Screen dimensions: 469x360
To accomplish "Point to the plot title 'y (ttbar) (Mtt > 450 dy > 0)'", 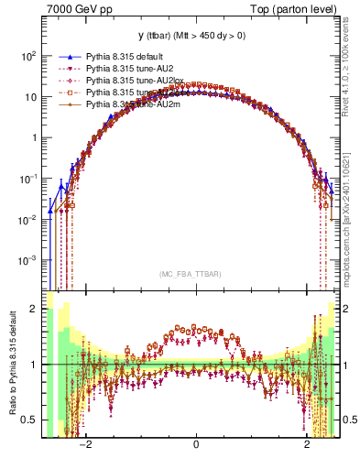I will [196, 37].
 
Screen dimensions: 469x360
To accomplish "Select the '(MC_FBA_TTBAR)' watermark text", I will [196, 274].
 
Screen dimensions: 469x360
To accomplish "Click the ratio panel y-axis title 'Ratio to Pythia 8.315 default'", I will [11, 364].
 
